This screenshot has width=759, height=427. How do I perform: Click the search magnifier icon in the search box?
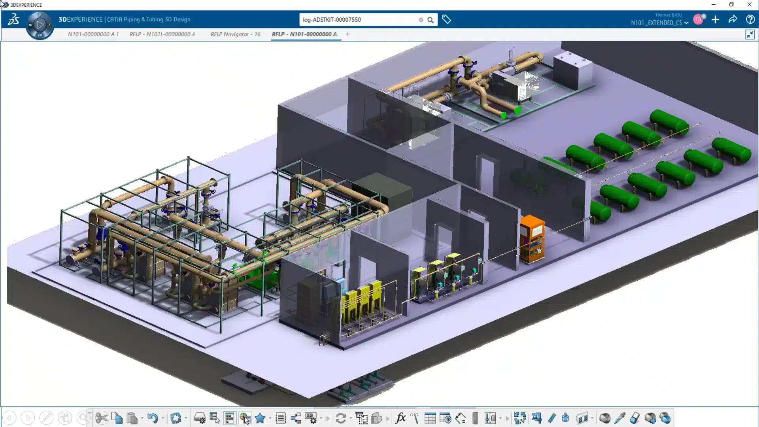tap(430, 20)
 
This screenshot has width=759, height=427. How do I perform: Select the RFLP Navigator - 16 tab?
tap(235, 34)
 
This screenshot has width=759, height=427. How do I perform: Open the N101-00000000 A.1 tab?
tap(93, 34)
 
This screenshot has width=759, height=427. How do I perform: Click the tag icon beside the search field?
tap(446, 19)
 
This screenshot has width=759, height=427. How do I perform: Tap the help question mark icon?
tap(750, 19)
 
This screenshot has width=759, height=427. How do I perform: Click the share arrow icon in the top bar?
tap(733, 19)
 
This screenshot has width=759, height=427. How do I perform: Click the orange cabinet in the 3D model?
tap(532, 238)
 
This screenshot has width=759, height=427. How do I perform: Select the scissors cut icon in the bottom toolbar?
tap(102, 418)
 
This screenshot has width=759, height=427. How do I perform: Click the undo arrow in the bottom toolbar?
tap(153, 418)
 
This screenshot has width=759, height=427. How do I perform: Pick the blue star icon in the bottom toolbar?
tap(260, 418)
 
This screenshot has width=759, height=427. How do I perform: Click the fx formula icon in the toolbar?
tap(400, 418)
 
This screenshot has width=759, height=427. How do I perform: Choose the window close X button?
tap(749, 5)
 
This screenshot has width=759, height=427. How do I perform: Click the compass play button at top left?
tap(40, 25)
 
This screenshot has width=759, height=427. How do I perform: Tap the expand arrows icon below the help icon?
tap(750, 34)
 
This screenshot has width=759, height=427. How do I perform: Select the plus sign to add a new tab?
tap(347, 34)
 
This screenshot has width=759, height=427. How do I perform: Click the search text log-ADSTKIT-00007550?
tap(332, 20)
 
